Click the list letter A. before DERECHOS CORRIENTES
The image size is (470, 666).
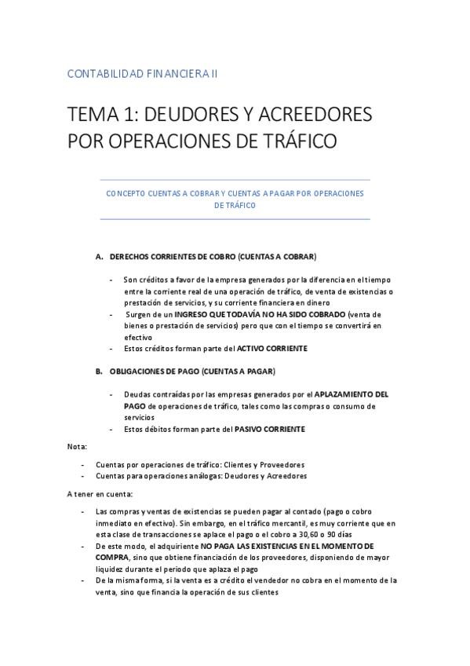tap(100, 257)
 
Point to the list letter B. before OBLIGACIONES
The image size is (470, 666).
tap(100, 371)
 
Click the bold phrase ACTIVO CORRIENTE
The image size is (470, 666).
tap(274, 348)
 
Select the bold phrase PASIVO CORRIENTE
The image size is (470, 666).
tap(270, 429)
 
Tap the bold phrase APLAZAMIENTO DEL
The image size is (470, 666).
tap(351, 394)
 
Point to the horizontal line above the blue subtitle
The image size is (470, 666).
tap(235, 181)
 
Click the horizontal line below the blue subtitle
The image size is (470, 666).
tap(235, 219)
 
